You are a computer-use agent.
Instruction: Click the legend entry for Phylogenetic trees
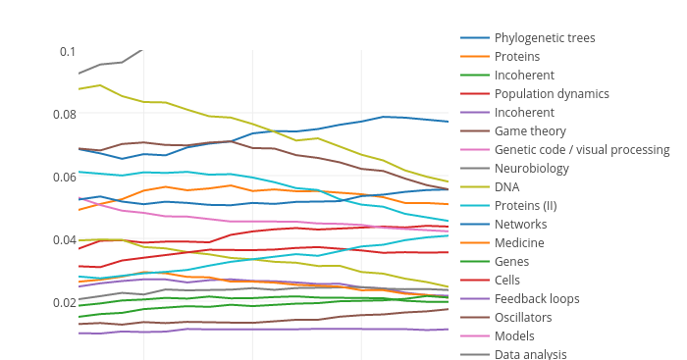pos(545,38)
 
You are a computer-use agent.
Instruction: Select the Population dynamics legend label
pos(552,94)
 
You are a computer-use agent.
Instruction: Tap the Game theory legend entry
pos(530,131)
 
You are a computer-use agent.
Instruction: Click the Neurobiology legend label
pos(531,169)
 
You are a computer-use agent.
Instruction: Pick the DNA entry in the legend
pos(507,187)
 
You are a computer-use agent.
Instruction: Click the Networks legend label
pos(520,225)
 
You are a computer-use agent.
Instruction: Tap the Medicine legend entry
pos(519,243)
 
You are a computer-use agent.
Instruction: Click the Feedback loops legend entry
pos(537,299)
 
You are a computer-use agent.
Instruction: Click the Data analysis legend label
pos(531,354)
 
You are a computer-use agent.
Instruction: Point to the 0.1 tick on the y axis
pos(67,51)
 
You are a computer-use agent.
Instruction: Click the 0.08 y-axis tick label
pos(63,114)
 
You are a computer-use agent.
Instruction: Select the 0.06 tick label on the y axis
pos(63,177)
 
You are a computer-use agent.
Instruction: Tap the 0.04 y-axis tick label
pos(63,239)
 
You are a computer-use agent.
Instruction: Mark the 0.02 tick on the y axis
pos(63,302)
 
